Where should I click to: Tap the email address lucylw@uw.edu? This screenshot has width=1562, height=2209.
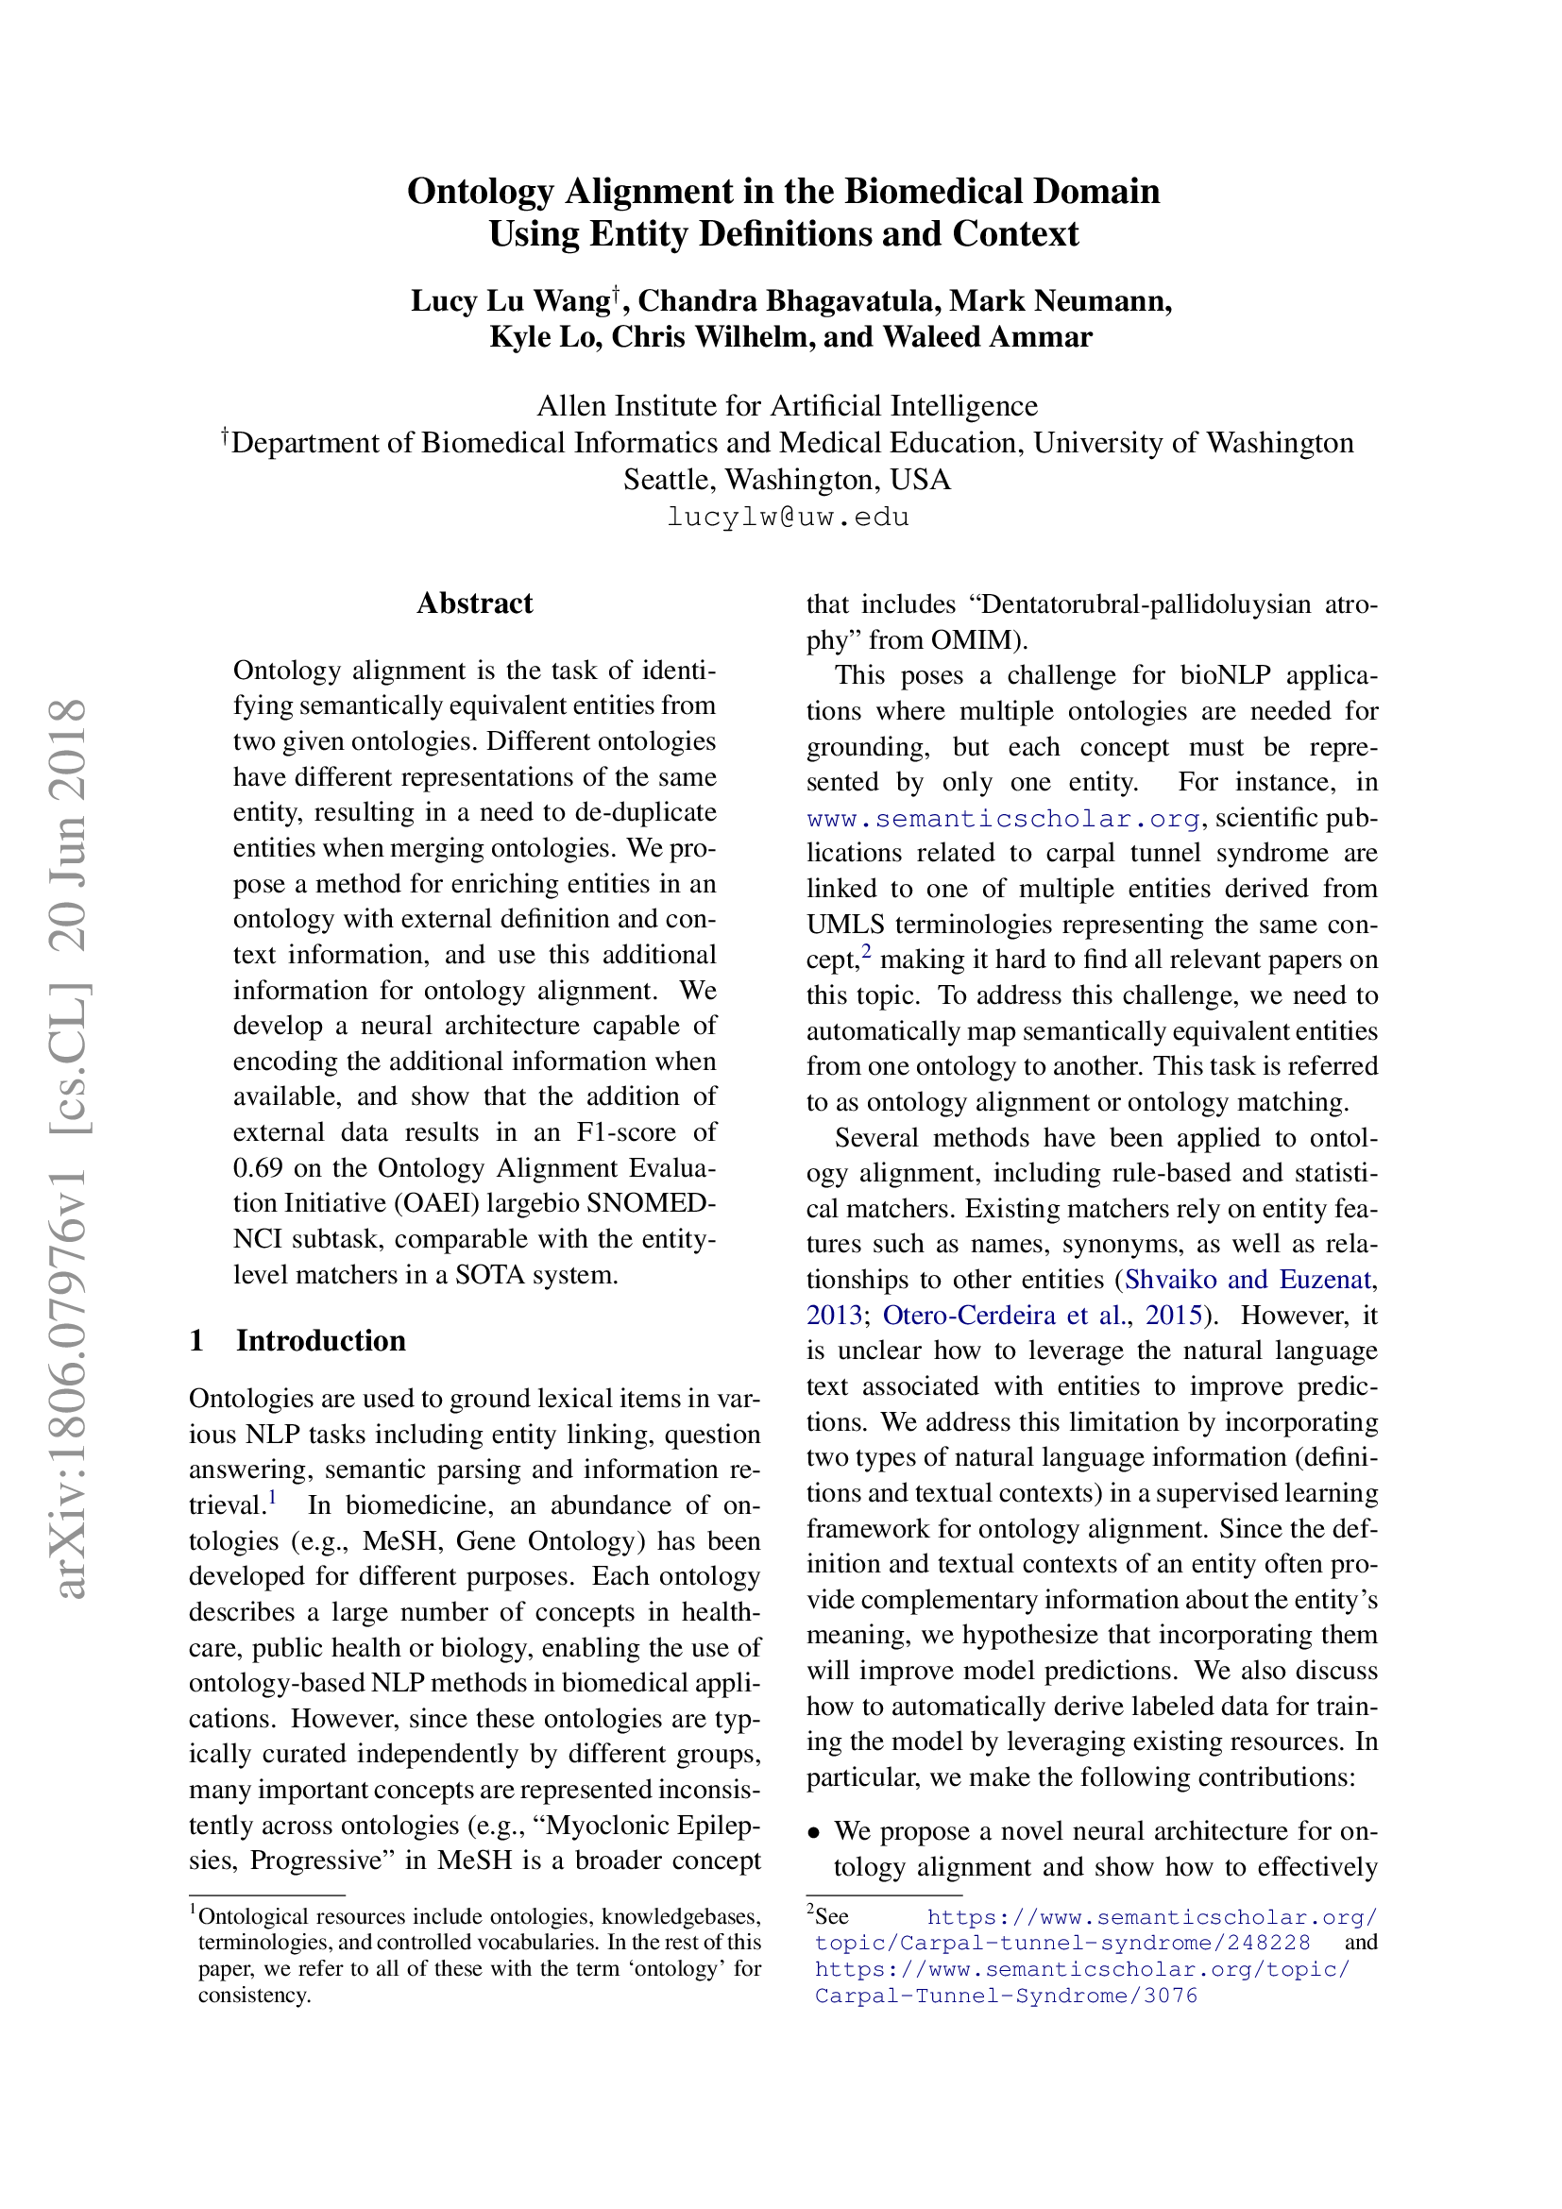[x=788, y=517]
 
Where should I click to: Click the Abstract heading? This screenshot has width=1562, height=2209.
[x=474, y=603]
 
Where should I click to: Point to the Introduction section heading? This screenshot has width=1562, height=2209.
[x=320, y=1340]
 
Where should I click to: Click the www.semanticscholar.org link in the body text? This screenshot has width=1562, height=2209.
[x=1003, y=819]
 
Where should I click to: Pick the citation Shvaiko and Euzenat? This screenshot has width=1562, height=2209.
[x=1248, y=1280]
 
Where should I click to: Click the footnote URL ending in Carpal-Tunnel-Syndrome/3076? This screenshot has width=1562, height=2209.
[x=1006, y=1996]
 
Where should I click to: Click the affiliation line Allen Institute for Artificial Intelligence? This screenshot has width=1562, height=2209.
[x=787, y=406]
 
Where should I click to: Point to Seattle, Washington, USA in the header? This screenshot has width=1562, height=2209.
[x=787, y=479]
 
